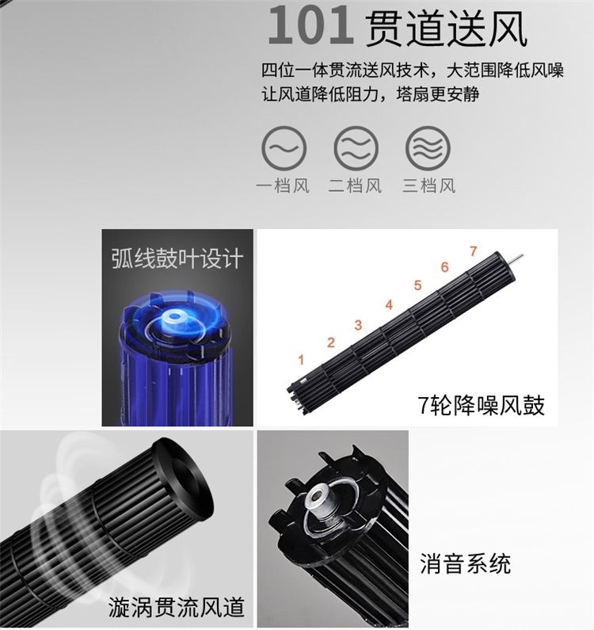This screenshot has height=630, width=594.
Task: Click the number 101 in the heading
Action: click(x=310, y=25)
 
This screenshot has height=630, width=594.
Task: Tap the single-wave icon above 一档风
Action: click(x=284, y=148)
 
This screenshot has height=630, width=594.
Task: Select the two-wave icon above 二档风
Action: click(x=356, y=148)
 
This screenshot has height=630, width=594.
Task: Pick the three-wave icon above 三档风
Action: click(x=428, y=148)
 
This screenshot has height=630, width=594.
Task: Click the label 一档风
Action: click(x=284, y=186)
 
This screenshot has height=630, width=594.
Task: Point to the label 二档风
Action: click(x=355, y=186)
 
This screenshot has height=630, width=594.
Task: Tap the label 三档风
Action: click(x=429, y=186)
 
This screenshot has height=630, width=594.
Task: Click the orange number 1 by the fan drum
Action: click(x=301, y=360)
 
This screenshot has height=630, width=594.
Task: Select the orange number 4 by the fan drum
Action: click(x=389, y=304)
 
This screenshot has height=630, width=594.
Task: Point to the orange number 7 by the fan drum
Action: click(x=474, y=251)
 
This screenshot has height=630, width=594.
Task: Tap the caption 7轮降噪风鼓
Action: click(x=482, y=405)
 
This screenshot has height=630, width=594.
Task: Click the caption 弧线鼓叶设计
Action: click(x=177, y=258)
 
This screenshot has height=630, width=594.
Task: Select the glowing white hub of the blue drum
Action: click(x=174, y=317)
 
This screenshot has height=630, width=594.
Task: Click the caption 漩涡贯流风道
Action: click(x=177, y=607)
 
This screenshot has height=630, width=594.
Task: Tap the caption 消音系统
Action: click(x=466, y=563)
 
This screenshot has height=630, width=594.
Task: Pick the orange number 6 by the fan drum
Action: click(x=444, y=267)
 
